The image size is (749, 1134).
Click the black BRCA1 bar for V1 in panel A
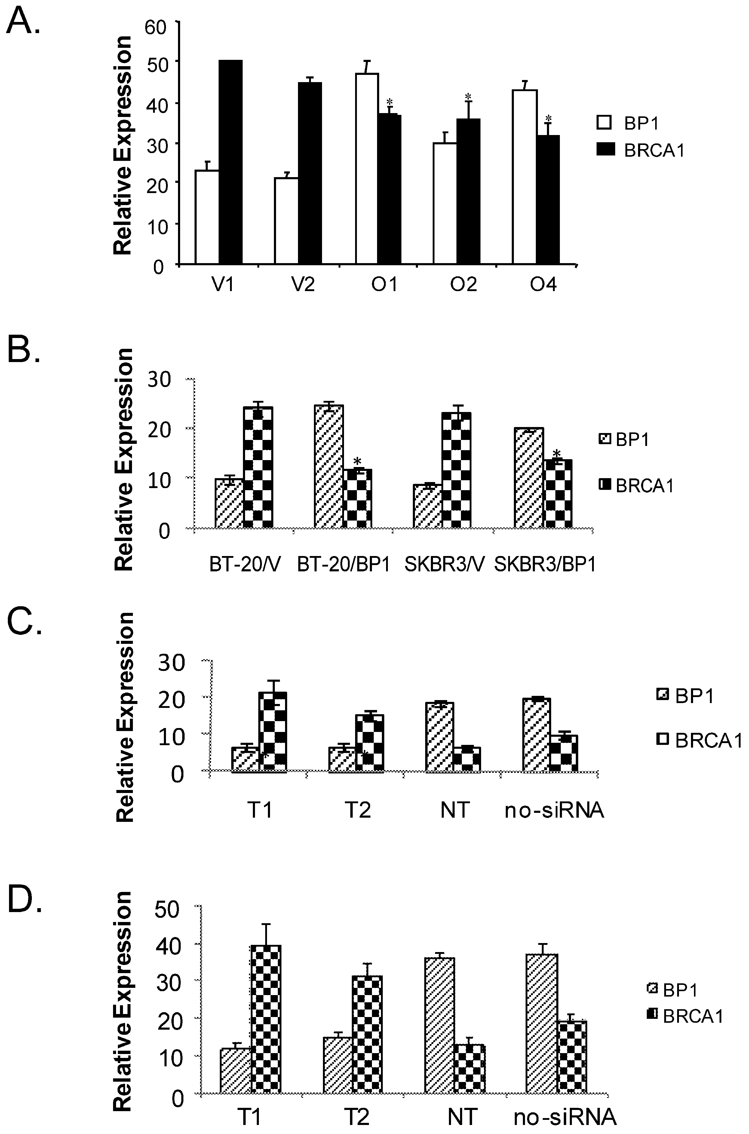[x=231, y=162]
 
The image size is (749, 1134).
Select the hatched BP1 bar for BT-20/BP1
[x=328, y=466]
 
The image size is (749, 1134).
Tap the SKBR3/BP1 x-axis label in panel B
[x=545, y=565]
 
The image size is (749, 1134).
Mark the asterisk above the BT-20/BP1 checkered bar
[x=357, y=461]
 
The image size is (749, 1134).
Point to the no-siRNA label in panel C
[x=554, y=811]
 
